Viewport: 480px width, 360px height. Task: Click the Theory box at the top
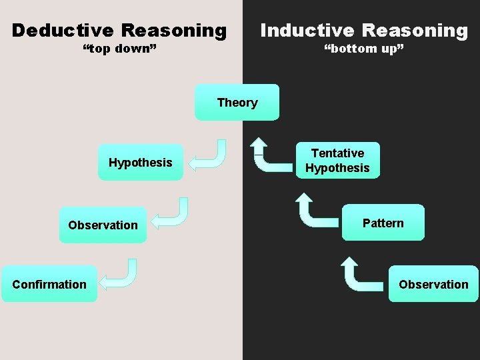coord(237,102)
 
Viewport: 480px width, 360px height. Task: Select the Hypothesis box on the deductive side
coord(140,163)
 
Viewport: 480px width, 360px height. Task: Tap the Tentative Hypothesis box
coord(337,161)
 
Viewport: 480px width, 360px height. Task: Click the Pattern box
coord(383,223)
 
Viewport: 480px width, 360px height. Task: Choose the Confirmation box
coord(49,284)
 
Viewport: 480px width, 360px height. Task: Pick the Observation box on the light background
coord(103,225)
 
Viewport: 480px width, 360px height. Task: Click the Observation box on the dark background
coord(433,284)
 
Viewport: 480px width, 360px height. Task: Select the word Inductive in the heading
coord(307,31)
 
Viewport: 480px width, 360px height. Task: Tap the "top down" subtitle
coord(119,49)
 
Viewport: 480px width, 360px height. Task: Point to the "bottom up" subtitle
coord(363,49)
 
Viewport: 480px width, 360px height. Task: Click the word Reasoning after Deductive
coord(174,31)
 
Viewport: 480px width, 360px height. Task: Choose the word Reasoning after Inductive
coord(415,31)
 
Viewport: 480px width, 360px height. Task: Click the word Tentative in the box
coord(337,153)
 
